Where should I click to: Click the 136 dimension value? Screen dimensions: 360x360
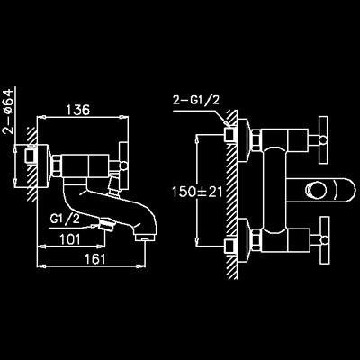tap(78, 110)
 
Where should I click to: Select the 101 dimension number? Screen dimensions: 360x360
tap(70, 239)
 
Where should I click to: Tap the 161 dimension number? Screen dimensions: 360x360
tap(94, 258)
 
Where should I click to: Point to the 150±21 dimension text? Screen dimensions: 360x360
tap(197, 192)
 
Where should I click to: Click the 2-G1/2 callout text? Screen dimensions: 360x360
tap(196, 100)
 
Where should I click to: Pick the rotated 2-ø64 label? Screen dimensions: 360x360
tap(9, 111)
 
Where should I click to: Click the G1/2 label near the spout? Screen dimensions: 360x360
tap(65, 220)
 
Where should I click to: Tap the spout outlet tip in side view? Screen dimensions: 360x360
tap(145, 238)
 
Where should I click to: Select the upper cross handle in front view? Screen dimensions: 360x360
tap(323, 139)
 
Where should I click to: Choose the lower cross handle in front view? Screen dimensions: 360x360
tap(324, 240)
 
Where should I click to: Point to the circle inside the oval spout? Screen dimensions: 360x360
tap(316, 191)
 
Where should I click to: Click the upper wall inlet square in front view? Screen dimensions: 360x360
tap(231, 134)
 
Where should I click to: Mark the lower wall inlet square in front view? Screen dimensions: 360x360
tap(231, 247)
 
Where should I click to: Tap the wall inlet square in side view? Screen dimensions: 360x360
tap(31, 156)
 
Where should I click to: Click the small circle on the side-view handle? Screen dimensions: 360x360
tap(123, 166)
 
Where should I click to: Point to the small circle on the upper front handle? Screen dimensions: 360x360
tap(323, 139)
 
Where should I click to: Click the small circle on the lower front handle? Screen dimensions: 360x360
tap(324, 240)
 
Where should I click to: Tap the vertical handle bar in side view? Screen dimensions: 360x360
tap(124, 166)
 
